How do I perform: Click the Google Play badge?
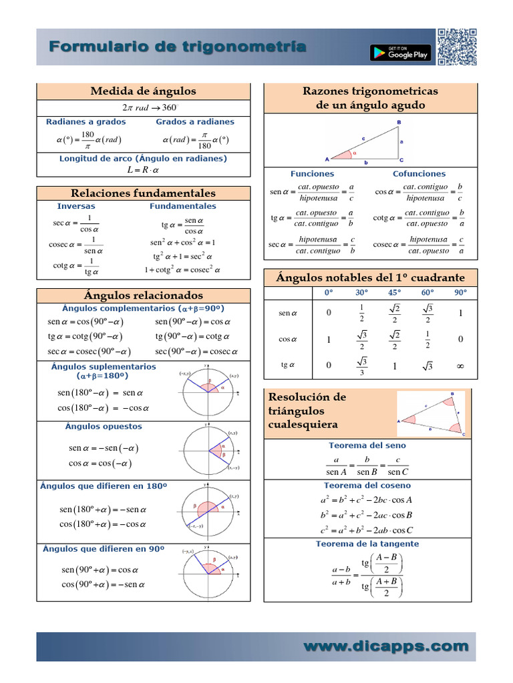(x=400, y=52)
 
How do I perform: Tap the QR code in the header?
(x=457, y=47)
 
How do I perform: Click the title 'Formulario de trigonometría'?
(x=178, y=47)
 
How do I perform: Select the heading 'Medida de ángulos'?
(x=143, y=91)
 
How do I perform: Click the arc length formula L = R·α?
(x=143, y=171)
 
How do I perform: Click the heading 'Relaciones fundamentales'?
(x=143, y=193)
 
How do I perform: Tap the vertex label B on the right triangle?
(x=399, y=123)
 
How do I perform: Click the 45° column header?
(x=394, y=292)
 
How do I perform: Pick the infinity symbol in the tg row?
(x=460, y=366)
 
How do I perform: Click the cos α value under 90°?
(x=460, y=339)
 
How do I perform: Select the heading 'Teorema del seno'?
(x=367, y=445)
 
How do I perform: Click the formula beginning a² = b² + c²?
(x=367, y=500)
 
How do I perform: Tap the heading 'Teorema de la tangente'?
(x=367, y=544)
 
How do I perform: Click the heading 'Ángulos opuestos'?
(x=104, y=426)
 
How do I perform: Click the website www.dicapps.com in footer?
(x=386, y=646)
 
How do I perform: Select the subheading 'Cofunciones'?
(x=419, y=173)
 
